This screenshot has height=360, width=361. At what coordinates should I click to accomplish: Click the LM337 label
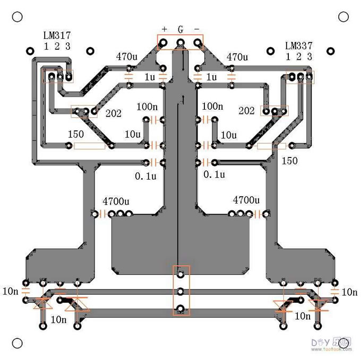[298, 46]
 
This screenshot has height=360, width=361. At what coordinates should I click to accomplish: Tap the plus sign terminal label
[165, 29]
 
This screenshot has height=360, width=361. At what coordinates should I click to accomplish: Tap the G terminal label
[180, 29]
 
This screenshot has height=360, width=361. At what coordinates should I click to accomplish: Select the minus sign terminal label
[197, 29]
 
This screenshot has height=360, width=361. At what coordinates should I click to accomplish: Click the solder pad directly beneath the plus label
[164, 42]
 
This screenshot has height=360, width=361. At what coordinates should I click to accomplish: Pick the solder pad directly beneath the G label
[180, 42]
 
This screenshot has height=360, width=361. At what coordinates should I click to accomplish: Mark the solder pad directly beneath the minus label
[197, 42]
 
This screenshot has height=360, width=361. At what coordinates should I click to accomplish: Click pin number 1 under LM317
[47, 46]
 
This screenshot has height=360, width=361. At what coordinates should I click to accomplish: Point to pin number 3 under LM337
[310, 57]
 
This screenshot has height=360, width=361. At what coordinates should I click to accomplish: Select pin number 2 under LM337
[299, 57]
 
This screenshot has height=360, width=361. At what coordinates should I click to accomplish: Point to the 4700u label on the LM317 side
[116, 201]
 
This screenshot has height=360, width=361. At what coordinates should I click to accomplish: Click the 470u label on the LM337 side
[237, 57]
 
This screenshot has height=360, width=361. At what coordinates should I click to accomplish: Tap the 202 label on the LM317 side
[114, 113]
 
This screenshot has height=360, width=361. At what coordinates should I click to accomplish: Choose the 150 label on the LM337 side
[289, 161]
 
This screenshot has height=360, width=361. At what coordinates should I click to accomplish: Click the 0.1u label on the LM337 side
[214, 174]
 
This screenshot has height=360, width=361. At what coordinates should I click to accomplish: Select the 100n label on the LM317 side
[147, 107]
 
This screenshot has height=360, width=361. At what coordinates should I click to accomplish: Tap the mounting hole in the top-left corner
[17, 17]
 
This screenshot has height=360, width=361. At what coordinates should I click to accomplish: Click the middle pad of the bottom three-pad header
[180, 291]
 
